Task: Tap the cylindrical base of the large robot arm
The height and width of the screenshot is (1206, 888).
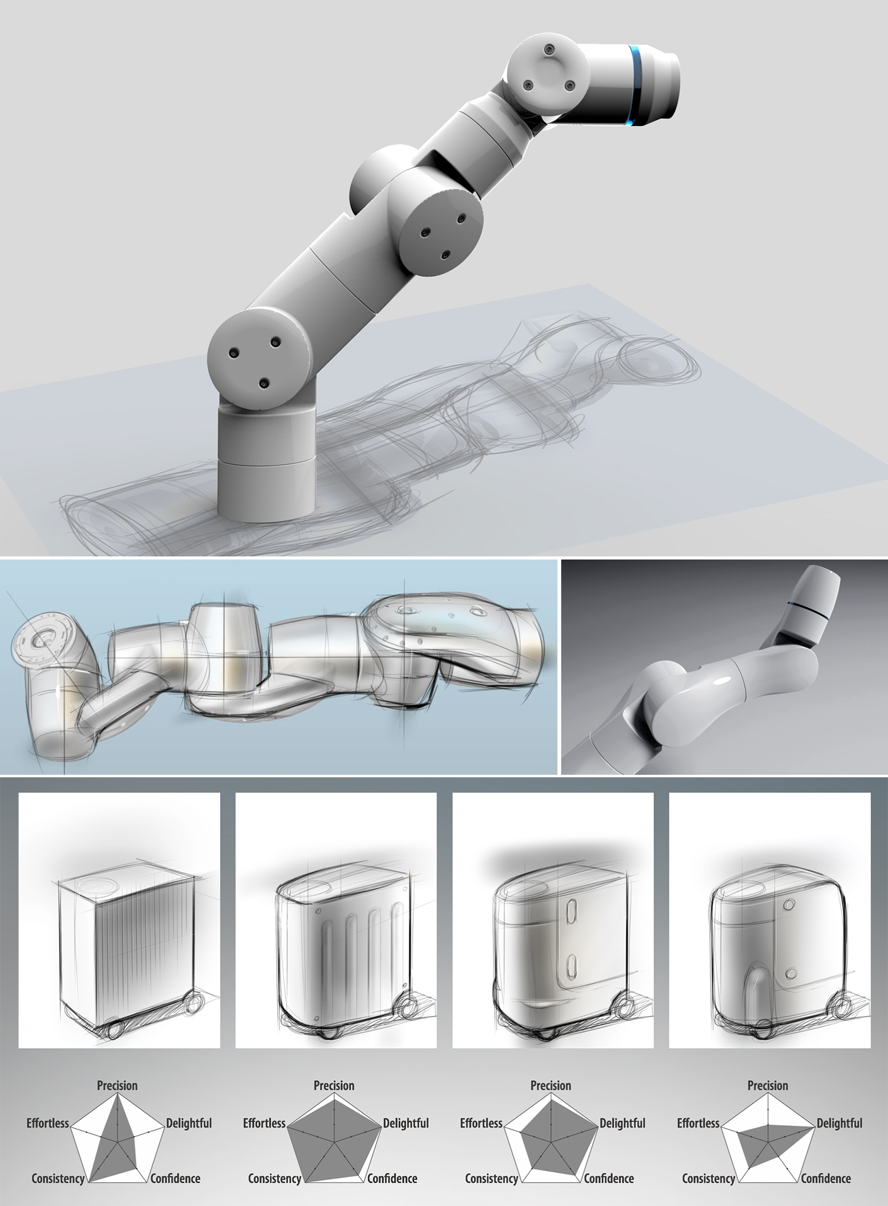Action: coord(266,469)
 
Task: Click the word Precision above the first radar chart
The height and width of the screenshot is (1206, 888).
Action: coord(117,1086)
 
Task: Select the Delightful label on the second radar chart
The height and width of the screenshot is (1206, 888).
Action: coord(406,1123)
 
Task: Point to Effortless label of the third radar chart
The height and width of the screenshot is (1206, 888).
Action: coord(481,1123)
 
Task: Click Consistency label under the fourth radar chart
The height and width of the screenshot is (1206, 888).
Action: coord(709,1179)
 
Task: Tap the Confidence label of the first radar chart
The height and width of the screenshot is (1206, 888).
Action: coord(176,1179)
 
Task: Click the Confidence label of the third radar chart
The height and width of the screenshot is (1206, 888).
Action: coord(609,1179)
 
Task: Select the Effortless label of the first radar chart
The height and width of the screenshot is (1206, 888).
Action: coord(47,1123)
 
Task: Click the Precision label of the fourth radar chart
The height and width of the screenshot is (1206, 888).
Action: coord(768,1086)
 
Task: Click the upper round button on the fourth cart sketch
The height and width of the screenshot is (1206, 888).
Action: coord(787,905)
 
